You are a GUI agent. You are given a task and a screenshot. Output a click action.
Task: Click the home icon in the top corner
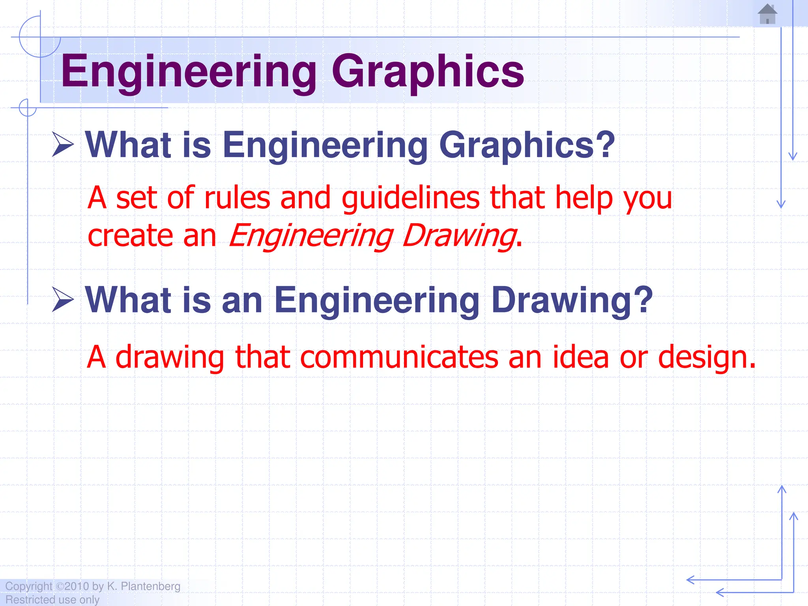(x=767, y=14)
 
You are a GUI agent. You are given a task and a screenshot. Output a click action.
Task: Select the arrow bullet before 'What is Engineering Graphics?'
(x=63, y=145)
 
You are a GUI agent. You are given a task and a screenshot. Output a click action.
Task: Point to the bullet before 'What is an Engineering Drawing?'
(x=63, y=300)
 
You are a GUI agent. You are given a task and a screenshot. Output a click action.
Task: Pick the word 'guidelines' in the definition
(x=410, y=198)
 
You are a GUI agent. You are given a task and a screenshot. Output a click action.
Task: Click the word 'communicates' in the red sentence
(x=399, y=357)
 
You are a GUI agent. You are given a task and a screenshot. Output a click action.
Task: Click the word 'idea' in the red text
(x=580, y=357)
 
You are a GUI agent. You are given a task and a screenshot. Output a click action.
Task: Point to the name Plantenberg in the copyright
(x=150, y=586)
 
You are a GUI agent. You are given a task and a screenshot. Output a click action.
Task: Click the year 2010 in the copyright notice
(x=77, y=586)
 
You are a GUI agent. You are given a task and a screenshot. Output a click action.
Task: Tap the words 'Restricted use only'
(x=52, y=600)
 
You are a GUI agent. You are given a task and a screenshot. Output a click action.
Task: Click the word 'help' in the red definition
(x=584, y=198)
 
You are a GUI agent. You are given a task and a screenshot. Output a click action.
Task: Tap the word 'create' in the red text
(x=131, y=236)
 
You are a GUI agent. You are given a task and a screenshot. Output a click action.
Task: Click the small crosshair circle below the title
(x=28, y=107)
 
